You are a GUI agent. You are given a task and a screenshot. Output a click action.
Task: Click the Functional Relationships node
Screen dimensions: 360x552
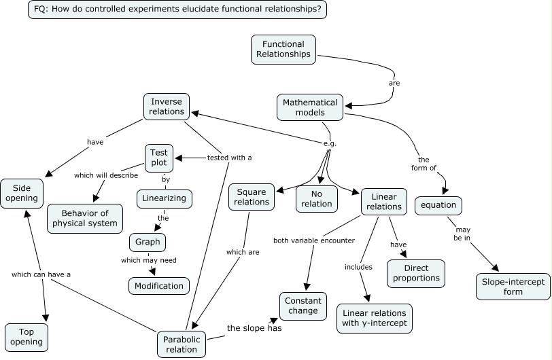(283, 50)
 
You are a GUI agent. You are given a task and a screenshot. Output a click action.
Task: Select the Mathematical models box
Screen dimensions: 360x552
(309, 107)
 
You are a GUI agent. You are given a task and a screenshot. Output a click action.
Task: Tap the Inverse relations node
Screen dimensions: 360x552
(167, 107)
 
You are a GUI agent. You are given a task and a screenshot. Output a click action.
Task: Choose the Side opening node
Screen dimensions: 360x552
(23, 193)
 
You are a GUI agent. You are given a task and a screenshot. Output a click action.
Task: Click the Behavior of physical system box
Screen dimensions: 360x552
(85, 218)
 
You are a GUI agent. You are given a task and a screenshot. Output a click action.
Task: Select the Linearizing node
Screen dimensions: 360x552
(164, 199)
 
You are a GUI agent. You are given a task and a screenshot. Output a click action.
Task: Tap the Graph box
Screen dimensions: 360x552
(148, 242)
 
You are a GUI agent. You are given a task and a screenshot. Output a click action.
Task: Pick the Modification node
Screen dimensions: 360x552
(158, 285)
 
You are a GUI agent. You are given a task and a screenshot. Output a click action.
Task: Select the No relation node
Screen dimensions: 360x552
(316, 198)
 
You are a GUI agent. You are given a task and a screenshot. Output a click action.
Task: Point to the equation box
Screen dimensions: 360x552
(438, 205)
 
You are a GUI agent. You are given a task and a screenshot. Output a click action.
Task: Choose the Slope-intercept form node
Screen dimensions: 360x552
(513, 286)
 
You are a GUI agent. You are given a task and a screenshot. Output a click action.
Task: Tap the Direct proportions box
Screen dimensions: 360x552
(415, 272)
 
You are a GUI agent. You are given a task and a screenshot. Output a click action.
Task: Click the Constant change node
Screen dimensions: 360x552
(303, 306)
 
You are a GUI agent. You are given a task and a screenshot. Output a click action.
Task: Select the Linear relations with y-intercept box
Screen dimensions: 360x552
(374, 318)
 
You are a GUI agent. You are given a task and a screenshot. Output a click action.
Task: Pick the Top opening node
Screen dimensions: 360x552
(27, 337)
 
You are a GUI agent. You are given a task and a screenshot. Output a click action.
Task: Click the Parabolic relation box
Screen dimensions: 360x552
(181, 344)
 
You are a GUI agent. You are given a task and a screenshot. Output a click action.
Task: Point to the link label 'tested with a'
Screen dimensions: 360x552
(229, 158)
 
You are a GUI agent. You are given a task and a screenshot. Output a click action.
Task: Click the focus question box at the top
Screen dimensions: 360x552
(177, 10)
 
